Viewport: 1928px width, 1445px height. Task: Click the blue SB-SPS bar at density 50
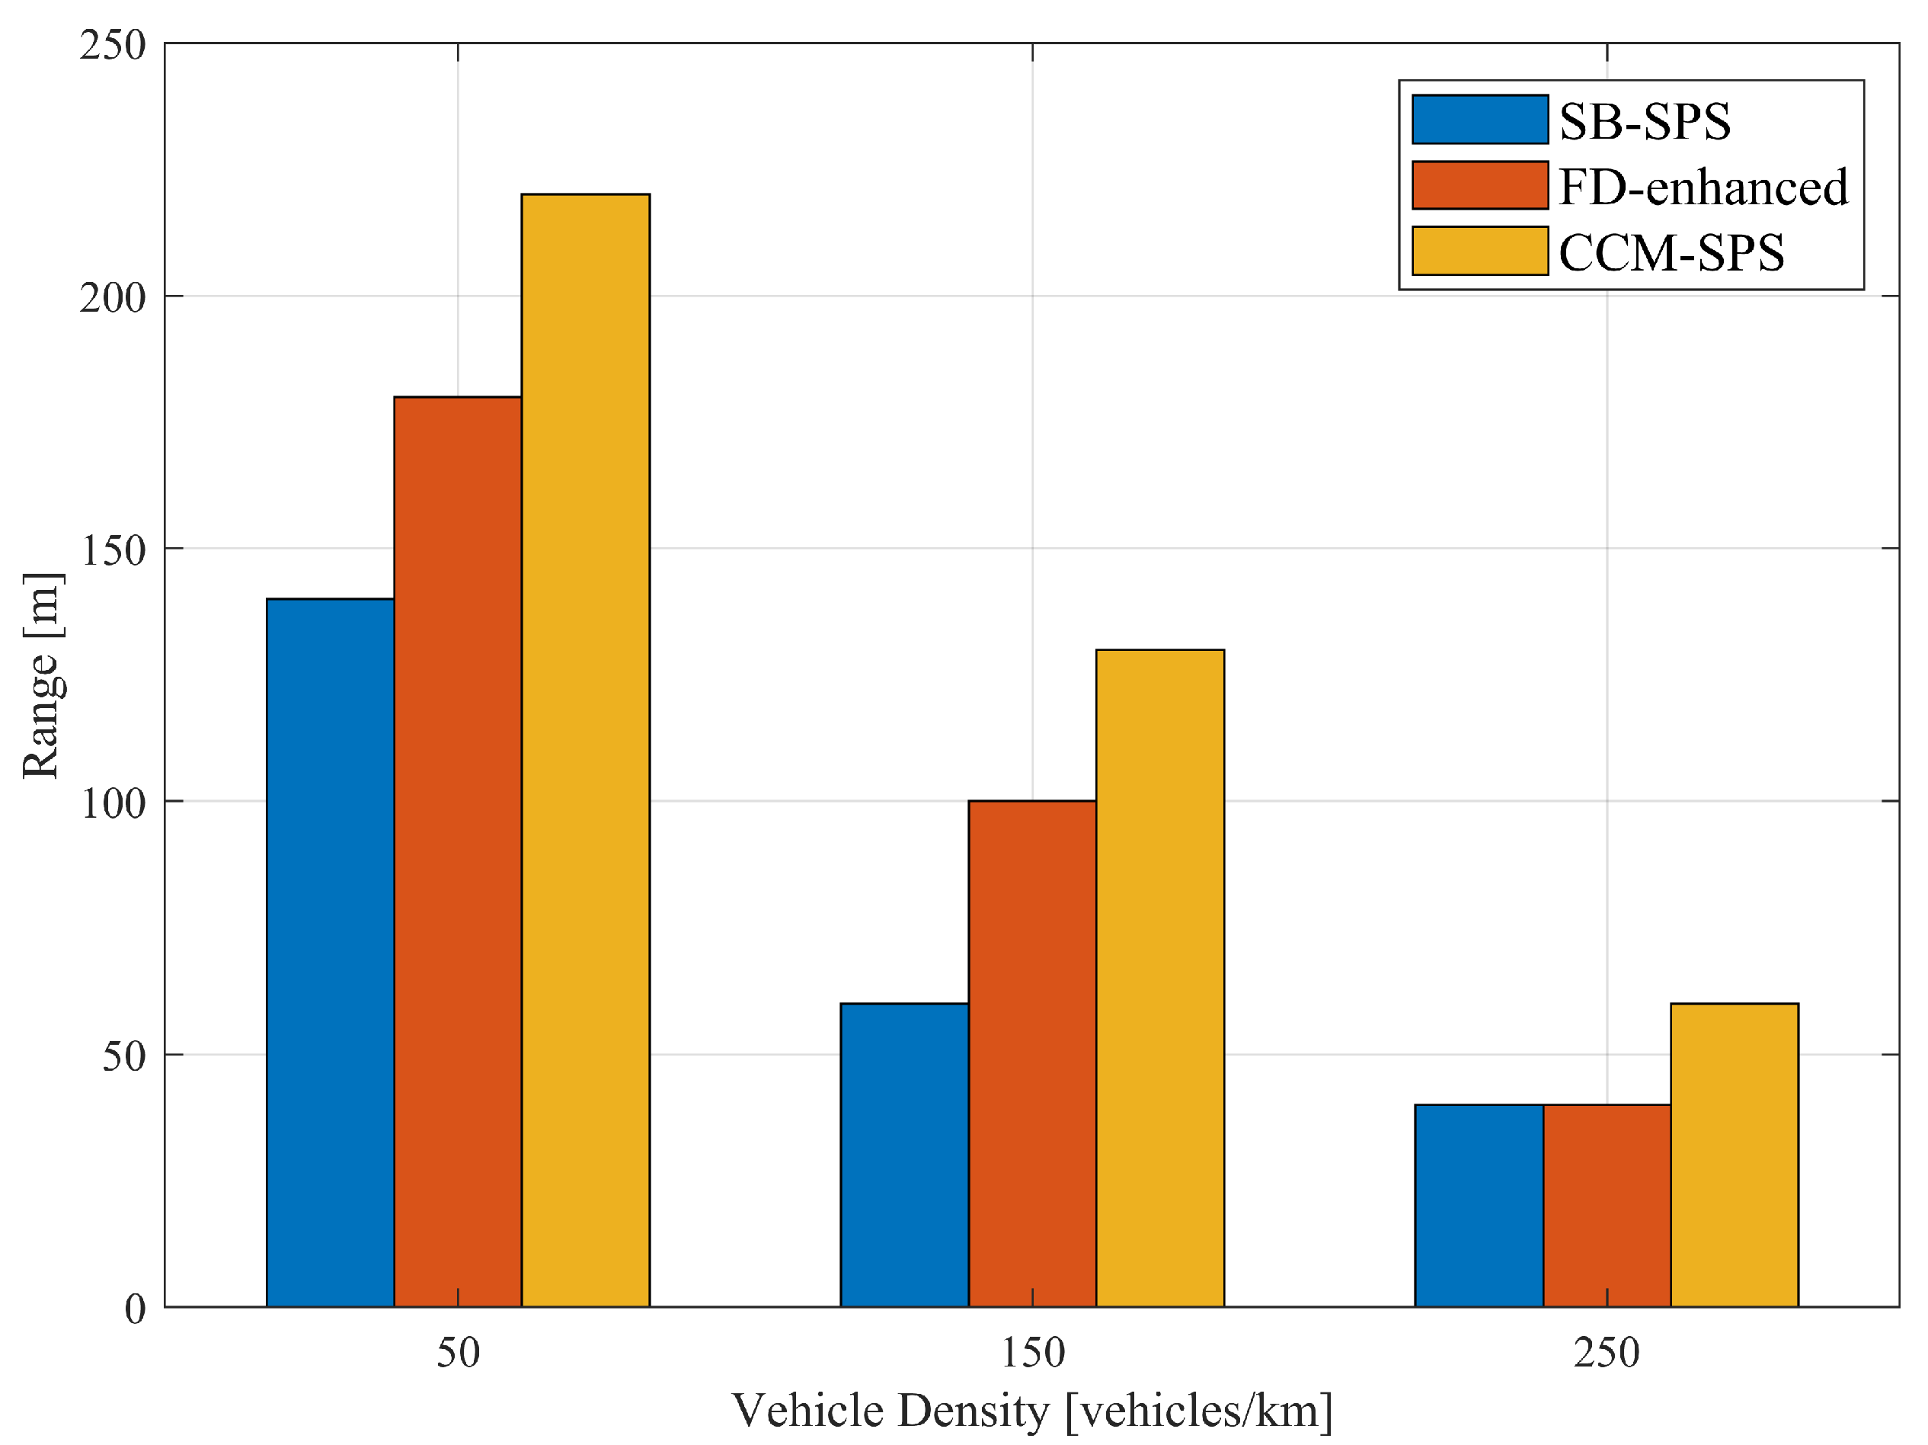330,953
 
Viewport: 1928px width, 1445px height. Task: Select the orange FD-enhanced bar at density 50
458,851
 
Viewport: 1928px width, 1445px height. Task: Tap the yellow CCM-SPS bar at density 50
585,750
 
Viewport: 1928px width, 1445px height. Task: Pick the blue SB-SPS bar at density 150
904,1155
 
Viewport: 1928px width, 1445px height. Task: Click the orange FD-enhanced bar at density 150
1032,1053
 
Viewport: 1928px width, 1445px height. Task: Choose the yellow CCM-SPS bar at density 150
1159,978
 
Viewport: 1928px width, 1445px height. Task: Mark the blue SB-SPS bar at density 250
1479,1205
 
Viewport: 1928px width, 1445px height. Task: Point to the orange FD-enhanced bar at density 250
1607,1205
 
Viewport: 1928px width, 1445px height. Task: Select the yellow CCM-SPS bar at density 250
1734,1155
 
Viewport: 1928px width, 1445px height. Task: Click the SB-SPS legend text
1644,120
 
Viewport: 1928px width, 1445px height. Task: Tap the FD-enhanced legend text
1703,187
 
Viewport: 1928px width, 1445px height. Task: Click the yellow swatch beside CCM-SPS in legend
1479,252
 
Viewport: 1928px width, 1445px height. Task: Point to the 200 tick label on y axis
113,297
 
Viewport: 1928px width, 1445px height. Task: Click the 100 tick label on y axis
113,803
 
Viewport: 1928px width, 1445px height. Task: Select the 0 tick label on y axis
134,1309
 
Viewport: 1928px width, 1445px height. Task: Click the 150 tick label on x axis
1032,1354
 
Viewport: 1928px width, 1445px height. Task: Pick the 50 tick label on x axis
458,1354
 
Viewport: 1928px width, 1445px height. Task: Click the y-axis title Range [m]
42,676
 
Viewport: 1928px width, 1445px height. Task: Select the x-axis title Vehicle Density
1032,1411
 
